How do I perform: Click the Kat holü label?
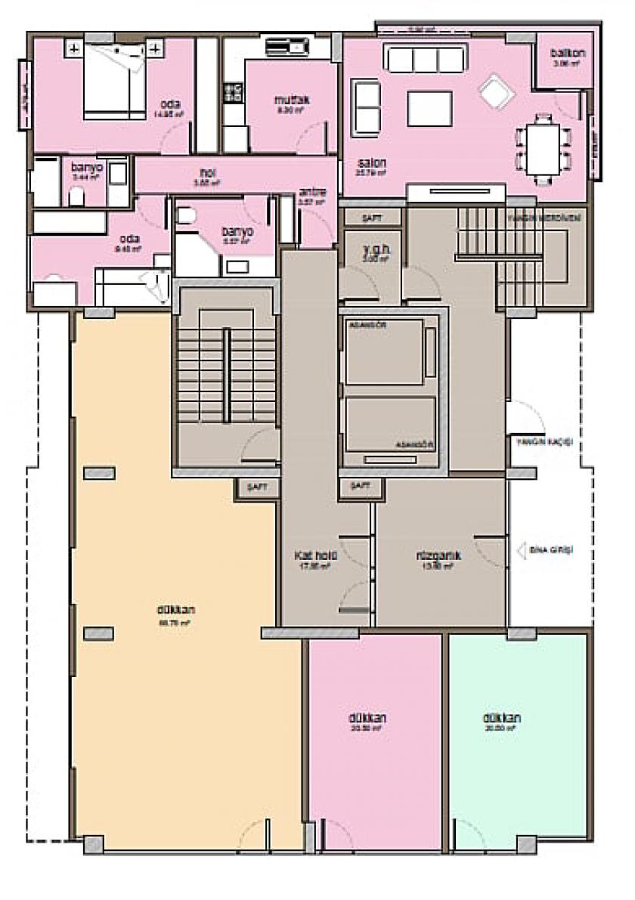point(316,555)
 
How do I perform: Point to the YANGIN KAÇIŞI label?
point(545,441)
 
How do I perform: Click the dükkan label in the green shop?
point(502,719)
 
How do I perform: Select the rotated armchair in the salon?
point(496,92)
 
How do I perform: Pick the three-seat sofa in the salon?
point(426,57)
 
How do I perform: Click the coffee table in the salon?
point(429,108)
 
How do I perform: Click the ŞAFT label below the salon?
point(372,218)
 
